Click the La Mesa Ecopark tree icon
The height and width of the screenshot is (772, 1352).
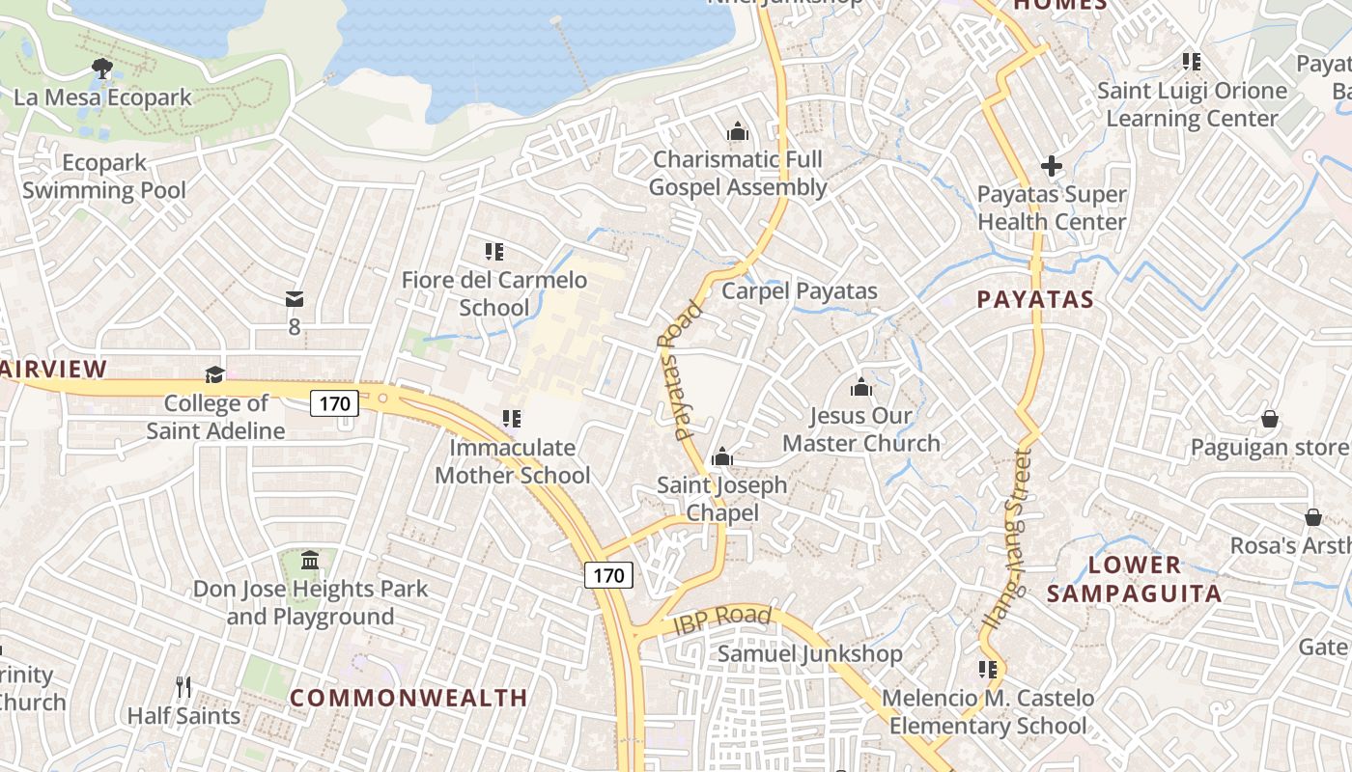click(x=101, y=68)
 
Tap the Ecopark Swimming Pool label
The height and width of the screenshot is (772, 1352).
click(x=104, y=177)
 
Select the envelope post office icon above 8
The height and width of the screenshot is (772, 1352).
click(x=295, y=299)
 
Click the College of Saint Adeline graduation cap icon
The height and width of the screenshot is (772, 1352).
click(x=214, y=374)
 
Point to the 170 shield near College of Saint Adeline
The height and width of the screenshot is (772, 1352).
click(x=334, y=402)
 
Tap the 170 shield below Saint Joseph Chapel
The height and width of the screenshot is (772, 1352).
click(x=608, y=576)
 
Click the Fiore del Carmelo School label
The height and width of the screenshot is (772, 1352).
click(x=494, y=293)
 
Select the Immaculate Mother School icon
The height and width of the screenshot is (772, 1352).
click(x=512, y=419)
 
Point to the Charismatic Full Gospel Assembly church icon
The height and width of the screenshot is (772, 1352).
click(x=738, y=131)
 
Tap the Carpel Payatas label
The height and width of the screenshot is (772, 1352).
click(x=800, y=290)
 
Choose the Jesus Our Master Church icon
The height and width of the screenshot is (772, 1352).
click(x=860, y=388)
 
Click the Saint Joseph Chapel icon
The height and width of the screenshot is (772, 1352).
click(x=721, y=457)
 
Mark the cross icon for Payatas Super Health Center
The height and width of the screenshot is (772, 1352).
click(x=1052, y=166)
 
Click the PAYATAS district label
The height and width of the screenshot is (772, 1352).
click(x=1035, y=299)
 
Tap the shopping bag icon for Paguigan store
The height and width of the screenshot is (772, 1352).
click(x=1270, y=419)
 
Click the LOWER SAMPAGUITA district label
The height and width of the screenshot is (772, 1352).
click(x=1135, y=579)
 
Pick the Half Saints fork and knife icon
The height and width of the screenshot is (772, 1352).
click(x=183, y=687)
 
